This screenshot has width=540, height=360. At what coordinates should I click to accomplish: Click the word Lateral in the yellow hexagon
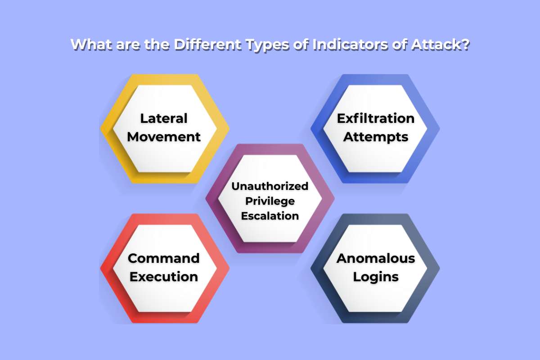pos(164,118)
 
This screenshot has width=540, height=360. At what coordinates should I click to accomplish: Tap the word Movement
pos(164,137)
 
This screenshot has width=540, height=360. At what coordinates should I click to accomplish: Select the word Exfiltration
pos(376,118)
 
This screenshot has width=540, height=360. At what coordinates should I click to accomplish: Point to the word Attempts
pos(376,137)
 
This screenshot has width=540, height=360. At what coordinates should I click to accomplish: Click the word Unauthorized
pos(270,186)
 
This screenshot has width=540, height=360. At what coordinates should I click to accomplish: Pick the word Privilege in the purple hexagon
pos(270,201)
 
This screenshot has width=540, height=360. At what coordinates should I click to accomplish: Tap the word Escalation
pos(270,216)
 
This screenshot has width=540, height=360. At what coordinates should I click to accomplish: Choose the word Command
pos(164,258)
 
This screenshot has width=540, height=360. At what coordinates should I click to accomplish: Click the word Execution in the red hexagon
pos(164,277)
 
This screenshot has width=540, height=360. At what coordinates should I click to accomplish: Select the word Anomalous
pos(376,258)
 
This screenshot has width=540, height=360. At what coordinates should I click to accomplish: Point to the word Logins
pos(376,277)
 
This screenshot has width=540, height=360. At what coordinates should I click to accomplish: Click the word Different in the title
pos(207,45)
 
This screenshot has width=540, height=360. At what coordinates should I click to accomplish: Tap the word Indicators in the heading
pos(350,45)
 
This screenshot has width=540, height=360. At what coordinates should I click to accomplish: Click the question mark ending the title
pos(465,45)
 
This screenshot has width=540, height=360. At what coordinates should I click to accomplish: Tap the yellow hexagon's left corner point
pos(100,129)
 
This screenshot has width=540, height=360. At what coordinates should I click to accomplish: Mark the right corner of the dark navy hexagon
pos(440,268)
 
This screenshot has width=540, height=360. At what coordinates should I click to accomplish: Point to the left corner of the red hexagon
pos(100,268)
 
